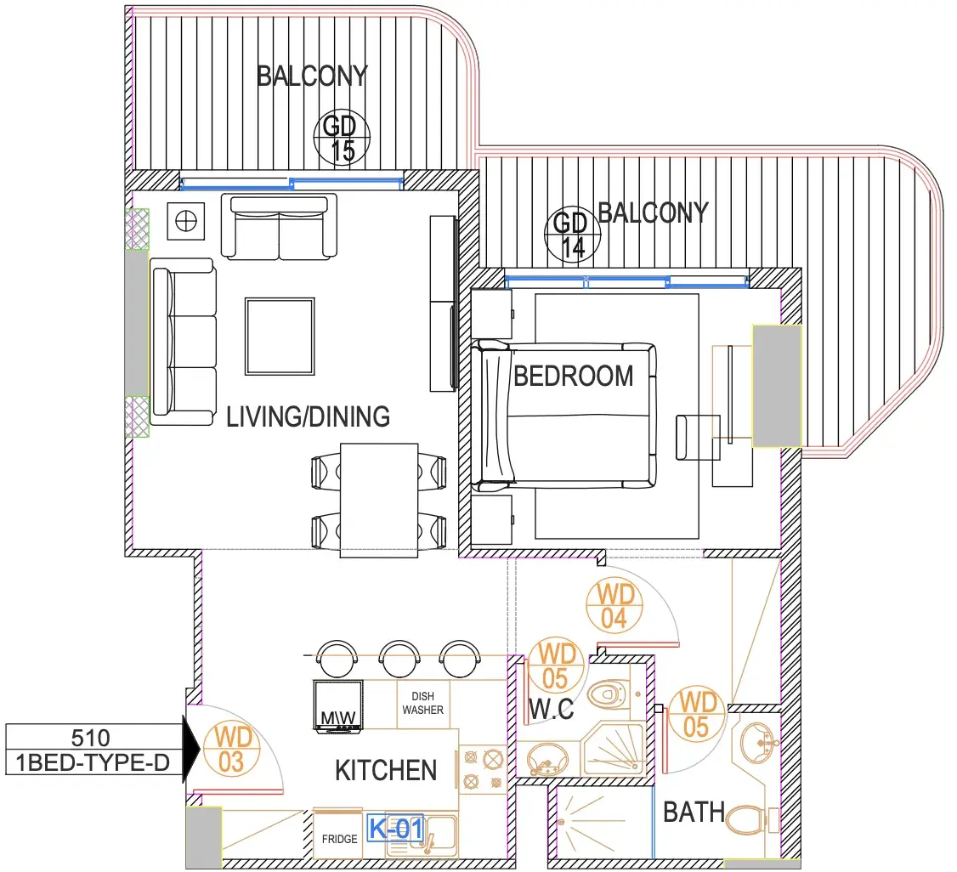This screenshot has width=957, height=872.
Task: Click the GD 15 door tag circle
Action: [342, 138]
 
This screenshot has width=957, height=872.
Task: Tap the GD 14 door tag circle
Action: [573, 235]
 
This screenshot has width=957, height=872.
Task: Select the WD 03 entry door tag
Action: [231, 750]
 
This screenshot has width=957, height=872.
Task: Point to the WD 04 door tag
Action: [614, 605]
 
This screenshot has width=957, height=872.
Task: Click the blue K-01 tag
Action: [395, 829]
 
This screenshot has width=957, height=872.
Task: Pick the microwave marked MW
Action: [337, 705]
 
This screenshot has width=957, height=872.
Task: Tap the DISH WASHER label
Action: [422, 703]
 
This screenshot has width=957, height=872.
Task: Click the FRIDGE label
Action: [339, 839]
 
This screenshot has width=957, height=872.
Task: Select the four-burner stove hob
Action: [482, 769]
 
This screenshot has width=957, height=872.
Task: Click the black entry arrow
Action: [191, 750]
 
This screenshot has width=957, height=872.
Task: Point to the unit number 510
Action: [90, 738]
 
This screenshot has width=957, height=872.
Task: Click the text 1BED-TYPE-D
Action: [92, 762]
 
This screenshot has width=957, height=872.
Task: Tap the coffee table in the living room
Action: [280, 337]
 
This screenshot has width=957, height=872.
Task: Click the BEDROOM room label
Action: [573, 376]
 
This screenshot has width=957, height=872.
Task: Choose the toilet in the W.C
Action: [609, 694]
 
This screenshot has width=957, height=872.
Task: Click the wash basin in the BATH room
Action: [756, 742]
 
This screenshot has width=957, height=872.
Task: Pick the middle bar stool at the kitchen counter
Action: [399, 658]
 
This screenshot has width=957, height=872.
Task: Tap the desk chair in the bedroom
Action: [698, 438]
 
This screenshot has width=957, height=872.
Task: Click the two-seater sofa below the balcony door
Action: [279, 226]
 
